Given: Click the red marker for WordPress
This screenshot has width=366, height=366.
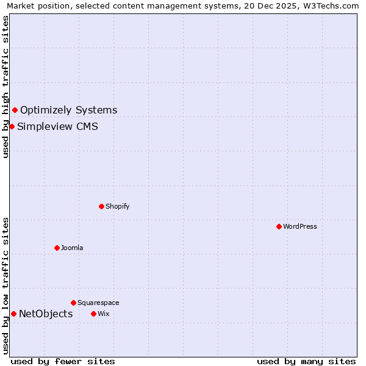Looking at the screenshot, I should (x=279, y=226).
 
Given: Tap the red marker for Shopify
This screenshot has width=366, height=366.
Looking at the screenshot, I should (x=101, y=206).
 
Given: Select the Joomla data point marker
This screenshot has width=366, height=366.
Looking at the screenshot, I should (x=57, y=248).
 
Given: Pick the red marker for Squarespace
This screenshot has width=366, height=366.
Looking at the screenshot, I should (x=73, y=303).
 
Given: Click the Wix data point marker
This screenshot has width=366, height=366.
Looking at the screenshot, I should (x=93, y=314).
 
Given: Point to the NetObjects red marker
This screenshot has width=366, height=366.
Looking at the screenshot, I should (x=13, y=314).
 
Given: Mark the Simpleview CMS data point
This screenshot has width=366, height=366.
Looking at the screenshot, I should (x=12, y=126).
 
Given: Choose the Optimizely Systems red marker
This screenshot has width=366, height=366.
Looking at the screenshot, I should (x=15, y=110).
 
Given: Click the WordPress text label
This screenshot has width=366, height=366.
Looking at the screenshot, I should (x=300, y=226).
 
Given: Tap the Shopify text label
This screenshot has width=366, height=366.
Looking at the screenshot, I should (x=118, y=206).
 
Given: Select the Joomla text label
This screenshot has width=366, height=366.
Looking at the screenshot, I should (x=72, y=248).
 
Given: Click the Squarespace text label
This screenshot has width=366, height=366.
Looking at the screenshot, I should (x=98, y=303).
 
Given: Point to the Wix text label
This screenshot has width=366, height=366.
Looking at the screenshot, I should (x=103, y=314).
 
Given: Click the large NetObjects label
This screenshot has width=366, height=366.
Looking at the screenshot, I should (x=46, y=314).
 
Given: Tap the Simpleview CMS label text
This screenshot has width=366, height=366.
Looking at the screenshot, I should (x=57, y=127).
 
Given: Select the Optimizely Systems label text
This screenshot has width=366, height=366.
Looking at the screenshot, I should (x=69, y=110).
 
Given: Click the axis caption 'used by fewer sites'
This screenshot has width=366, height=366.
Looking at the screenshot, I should (x=63, y=361).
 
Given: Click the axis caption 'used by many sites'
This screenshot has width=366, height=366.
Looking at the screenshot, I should (x=306, y=361).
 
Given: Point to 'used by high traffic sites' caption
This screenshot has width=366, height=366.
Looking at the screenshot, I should (x=5, y=87).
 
